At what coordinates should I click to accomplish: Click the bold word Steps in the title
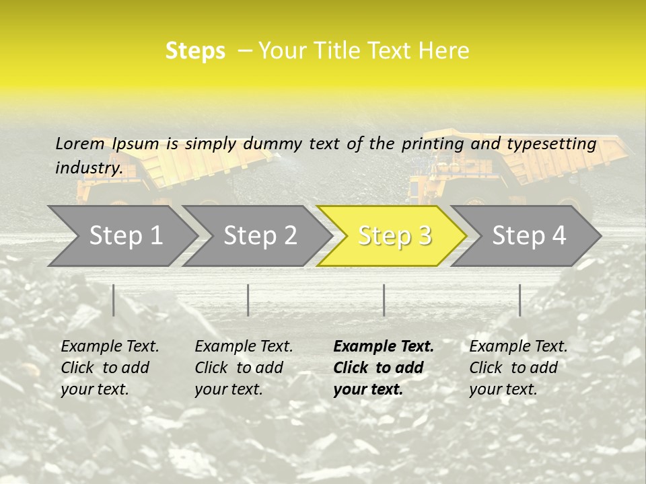[x=195, y=50]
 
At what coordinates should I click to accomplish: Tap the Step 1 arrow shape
[x=126, y=235]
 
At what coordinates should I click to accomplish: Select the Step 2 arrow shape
[x=260, y=235]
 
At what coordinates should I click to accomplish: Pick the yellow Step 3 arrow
[x=394, y=235]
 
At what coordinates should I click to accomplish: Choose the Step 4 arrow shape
[x=529, y=235]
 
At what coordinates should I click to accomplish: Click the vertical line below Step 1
[x=114, y=300]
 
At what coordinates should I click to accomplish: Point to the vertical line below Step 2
[x=248, y=300]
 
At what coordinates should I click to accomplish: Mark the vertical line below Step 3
[x=384, y=300]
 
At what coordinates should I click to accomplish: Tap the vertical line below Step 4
[x=519, y=300]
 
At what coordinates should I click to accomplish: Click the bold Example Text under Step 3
[x=384, y=346]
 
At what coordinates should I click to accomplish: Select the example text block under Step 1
[x=110, y=368]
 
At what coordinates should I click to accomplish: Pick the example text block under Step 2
[x=244, y=368]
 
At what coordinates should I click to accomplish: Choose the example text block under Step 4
[x=518, y=368]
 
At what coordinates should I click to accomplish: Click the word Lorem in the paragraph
[x=79, y=143]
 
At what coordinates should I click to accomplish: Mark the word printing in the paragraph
[x=431, y=143]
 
